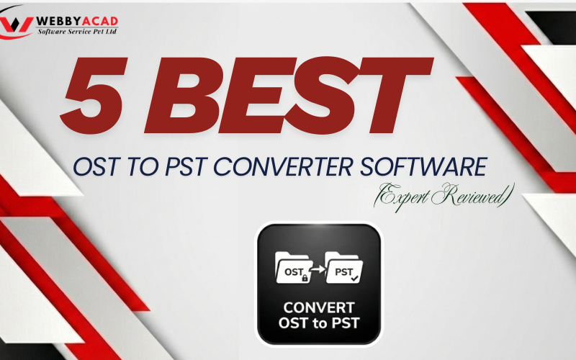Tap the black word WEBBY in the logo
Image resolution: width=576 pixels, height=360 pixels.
[57, 19]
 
